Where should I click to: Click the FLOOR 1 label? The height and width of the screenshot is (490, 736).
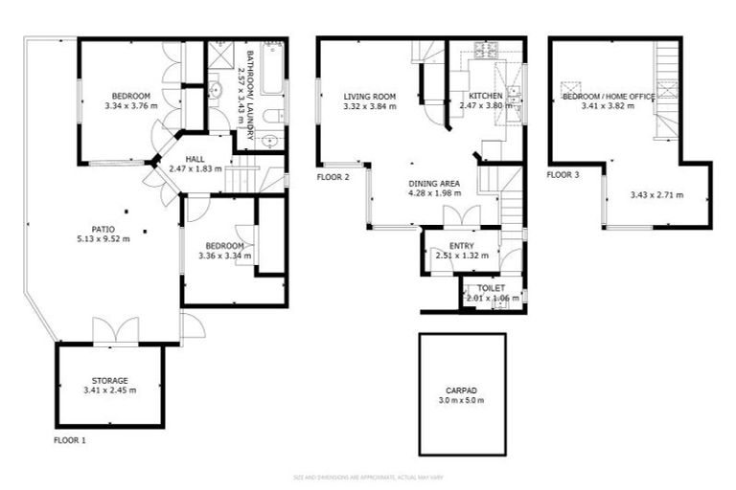[x=70, y=441]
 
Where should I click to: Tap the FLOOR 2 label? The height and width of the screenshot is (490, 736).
[x=333, y=177]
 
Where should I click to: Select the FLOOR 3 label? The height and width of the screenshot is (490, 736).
[x=563, y=175]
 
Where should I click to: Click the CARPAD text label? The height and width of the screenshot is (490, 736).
[x=462, y=390]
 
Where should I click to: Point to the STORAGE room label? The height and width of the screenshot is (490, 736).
[x=109, y=380]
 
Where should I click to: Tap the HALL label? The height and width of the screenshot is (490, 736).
[x=195, y=159]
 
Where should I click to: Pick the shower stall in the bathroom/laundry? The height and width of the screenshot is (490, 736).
[x=220, y=55]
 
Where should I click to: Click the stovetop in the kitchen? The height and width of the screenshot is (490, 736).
[x=483, y=52]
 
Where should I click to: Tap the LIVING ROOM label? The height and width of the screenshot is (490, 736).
[x=369, y=96]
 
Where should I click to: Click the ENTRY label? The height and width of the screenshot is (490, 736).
[x=461, y=246]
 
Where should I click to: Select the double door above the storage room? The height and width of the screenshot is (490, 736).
[x=116, y=331]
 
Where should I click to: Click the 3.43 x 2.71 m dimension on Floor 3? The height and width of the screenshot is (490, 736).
[x=656, y=195]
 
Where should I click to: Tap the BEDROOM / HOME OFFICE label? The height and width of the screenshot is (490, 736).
[x=608, y=97]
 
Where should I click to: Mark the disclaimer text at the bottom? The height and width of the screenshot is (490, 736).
[x=368, y=477]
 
